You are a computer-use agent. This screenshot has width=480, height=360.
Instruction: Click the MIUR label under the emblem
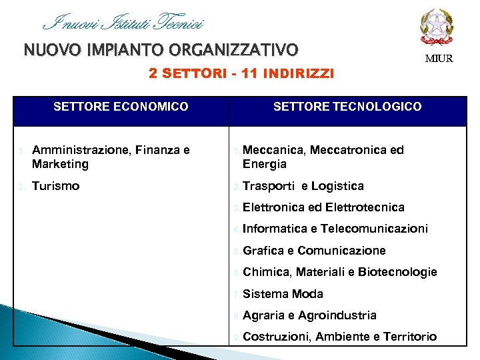tap(439, 59)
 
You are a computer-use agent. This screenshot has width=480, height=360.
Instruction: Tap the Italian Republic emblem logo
tap(437, 27)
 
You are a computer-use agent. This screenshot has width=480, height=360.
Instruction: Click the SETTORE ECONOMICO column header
tap(121, 107)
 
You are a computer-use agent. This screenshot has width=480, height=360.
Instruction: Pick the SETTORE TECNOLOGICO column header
tap(347, 107)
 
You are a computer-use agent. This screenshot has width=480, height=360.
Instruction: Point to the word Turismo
tap(55, 186)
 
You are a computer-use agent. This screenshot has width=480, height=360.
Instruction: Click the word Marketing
tap(60, 164)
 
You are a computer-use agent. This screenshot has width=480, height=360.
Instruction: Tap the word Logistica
tap(337, 186)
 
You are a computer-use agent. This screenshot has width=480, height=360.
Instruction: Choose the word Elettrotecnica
tap(365, 207)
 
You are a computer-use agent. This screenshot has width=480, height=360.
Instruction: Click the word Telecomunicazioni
tap(374, 229)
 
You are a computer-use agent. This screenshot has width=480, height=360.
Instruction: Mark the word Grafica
tap(263, 251)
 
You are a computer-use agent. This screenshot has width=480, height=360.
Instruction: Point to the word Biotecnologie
tap(397, 272)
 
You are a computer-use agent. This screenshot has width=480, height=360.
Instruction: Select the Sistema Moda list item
tap(283, 294)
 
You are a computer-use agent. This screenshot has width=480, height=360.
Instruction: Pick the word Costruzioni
tap(276, 337)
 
